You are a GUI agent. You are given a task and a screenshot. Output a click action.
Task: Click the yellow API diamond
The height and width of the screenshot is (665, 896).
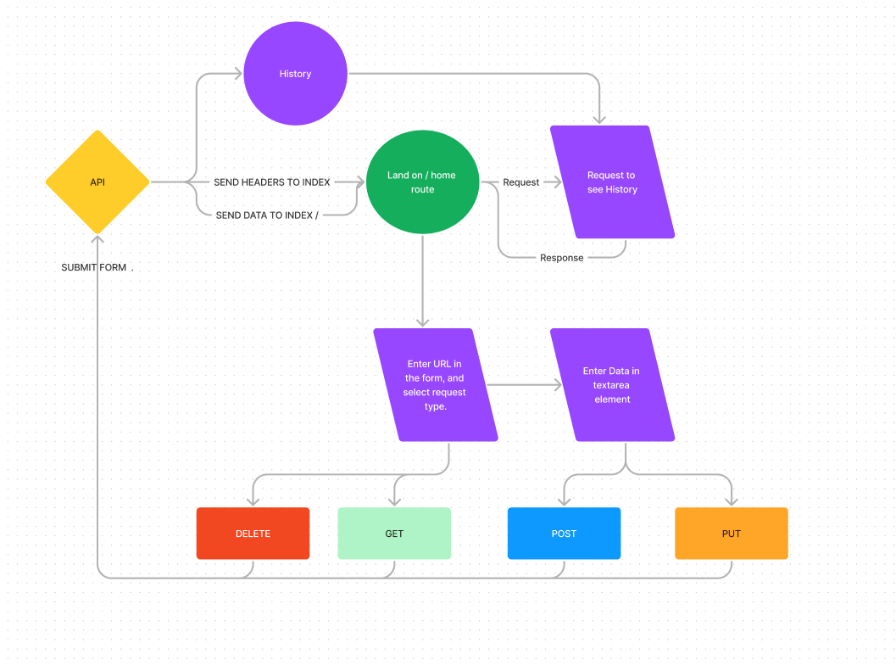coord(97,182)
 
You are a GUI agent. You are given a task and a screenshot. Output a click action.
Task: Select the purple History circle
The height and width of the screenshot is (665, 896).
coord(295,74)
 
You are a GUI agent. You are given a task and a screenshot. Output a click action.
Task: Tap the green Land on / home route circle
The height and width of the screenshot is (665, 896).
coord(422,182)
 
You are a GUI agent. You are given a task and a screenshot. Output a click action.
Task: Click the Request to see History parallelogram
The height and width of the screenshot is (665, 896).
coord(612,182)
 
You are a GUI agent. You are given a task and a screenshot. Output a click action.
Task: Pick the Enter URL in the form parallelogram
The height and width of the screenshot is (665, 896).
coord(436,385)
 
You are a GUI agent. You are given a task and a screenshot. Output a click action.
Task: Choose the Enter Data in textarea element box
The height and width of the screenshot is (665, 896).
coord(612,385)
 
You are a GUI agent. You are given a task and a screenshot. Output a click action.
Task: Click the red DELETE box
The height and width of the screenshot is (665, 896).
coord(253,534)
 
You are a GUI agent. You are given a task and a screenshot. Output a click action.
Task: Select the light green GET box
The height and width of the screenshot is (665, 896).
coord(394,534)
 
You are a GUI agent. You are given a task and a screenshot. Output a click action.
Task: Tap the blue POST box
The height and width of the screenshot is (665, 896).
coord(564,534)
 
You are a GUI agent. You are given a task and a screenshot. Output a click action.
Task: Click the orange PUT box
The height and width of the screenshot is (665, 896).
coord(731,534)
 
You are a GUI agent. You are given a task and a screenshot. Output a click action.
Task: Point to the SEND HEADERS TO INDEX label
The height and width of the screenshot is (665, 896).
coord(271,182)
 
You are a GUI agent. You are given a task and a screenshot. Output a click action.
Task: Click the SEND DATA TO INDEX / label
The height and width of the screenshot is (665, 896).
coord(267,215)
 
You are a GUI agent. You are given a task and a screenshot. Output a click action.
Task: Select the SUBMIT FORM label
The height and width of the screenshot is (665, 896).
coord(94,267)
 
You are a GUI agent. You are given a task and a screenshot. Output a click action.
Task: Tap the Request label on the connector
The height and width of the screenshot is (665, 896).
coord(520,182)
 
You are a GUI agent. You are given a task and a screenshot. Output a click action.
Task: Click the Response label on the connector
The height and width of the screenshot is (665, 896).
coord(561,258)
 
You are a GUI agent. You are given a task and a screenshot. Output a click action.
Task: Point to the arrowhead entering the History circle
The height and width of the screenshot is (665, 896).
coord(238,74)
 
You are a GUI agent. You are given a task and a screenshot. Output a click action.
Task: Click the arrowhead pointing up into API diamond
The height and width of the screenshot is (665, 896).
coord(97,241)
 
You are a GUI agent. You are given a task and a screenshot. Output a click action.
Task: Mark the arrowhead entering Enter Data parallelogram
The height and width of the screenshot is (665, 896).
coord(557,385)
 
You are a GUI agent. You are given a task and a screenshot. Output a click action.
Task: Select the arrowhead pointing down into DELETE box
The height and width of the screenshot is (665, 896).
coord(253,501)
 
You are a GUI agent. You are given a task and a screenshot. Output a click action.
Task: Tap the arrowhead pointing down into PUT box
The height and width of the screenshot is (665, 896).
coord(731,501)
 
